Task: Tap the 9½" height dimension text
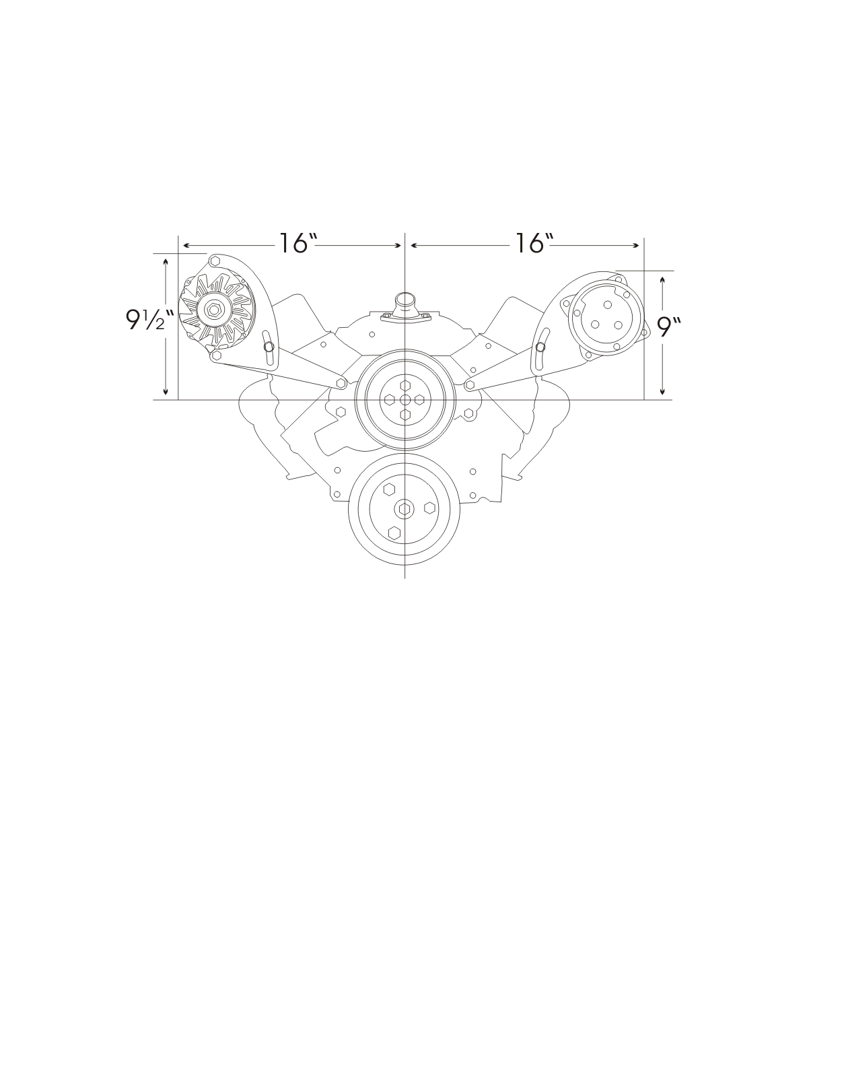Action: [149, 319]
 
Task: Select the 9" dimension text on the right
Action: [670, 327]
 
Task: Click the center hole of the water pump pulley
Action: [405, 399]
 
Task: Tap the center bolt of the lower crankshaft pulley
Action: [404, 508]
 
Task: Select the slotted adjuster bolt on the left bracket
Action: [269, 346]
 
